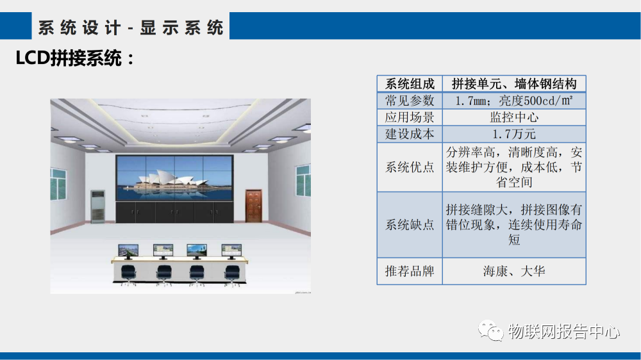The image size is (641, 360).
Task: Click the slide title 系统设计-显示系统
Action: click(131, 28)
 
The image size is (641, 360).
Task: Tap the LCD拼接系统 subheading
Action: click(76, 60)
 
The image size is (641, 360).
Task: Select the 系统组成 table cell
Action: click(410, 84)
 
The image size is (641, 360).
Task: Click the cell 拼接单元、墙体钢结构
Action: click(514, 84)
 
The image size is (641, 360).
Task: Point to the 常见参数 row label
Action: click(410, 101)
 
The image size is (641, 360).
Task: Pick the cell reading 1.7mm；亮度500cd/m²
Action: click(514, 101)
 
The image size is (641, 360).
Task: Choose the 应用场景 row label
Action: click(410, 117)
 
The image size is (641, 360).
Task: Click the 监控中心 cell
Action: click(514, 117)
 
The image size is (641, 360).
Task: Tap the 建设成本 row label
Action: click(410, 134)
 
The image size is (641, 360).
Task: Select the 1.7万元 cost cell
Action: click(514, 134)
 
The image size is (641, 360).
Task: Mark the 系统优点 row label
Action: click(410, 167)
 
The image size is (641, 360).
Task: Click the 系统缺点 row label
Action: click(410, 225)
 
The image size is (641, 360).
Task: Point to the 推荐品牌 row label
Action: click(410, 271)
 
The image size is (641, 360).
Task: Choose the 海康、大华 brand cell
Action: click(514, 271)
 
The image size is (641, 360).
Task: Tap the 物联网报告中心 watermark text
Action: click(564, 332)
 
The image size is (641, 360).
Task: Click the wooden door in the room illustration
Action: click(254, 206)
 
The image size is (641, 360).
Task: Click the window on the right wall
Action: click(302, 180)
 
